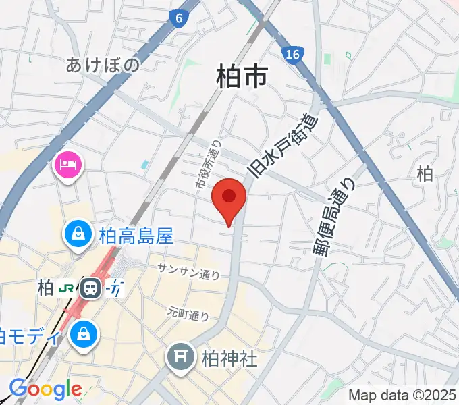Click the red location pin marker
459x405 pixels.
click(x=229, y=198)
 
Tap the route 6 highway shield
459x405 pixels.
click(x=178, y=19)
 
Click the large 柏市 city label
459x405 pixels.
click(x=242, y=77)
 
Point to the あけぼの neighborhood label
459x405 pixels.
click(x=103, y=65)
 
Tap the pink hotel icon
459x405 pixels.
click(x=68, y=164)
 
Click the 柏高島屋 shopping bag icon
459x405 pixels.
click(x=79, y=235)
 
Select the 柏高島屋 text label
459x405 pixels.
click(x=136, y=236)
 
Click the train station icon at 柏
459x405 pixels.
click(x=90, y=288)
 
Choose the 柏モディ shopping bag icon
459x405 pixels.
click(x=84, y=333)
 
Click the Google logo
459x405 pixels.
click(x=45, y=389)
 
